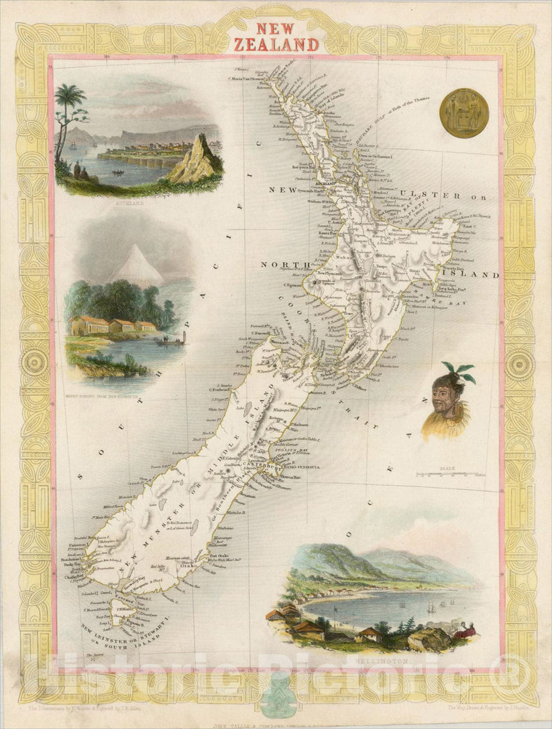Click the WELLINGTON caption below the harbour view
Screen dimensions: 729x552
pyautogui.click(x=388, y=661)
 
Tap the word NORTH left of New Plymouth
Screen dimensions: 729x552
pyautogui.click(x=283, y=264)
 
